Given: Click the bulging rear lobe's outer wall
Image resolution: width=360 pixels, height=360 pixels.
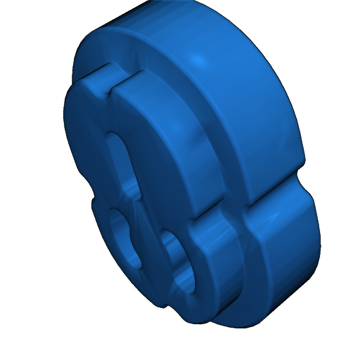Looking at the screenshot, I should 288,253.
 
